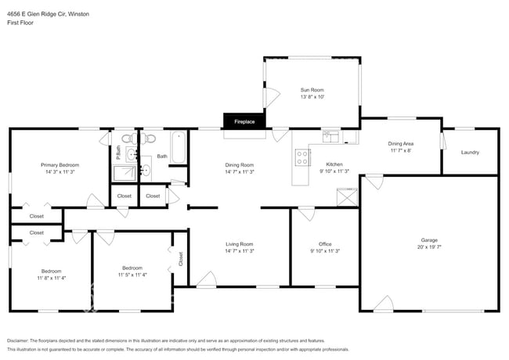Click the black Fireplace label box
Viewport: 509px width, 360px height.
pos(244,121)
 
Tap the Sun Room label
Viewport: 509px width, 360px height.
pos(312,90)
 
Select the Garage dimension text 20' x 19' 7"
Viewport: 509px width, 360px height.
pos(430,247)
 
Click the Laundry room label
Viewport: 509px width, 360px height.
pos(470,152)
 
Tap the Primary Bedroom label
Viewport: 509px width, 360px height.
pos(60,165)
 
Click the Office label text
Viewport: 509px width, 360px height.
pos(325,244)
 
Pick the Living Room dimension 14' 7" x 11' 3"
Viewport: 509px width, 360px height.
pos(240,251)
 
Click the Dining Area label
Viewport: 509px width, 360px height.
pos(400,144)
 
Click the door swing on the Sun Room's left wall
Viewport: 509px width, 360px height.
pos(272,97)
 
